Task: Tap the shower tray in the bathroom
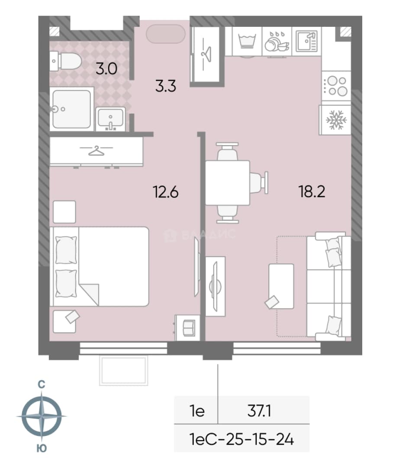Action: pos(71,109)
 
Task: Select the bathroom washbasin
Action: pos(110,119)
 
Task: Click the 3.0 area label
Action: pos(106,69)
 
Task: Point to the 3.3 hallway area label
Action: pos(166,86)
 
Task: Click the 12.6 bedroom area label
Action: pos(166,192)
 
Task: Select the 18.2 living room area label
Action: pos(312,192)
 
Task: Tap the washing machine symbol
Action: pos(247,41)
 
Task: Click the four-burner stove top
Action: pos(336,86)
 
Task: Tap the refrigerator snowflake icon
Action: pos(336,120)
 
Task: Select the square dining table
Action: pos(227,183)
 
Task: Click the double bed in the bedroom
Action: pos(99,266)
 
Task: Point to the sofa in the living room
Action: pos(329,286)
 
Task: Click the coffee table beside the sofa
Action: pos(281,286)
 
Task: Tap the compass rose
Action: pos(42,416)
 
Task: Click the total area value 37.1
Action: pos(259,411)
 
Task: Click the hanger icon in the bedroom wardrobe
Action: pos(96,150)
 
